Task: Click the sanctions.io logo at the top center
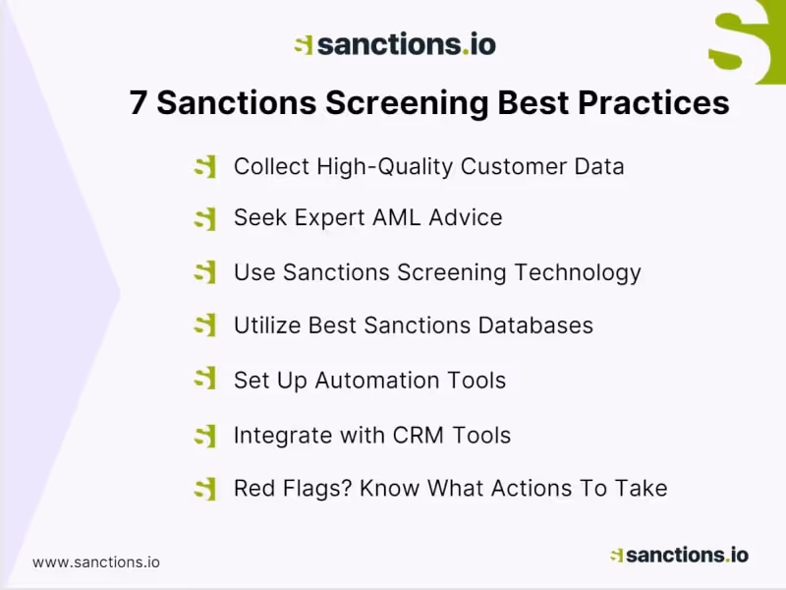pyautogui.click(x=395, y=44)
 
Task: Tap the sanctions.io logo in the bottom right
pyautogui.click(x=678, y=555)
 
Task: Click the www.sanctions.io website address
pyautogui.click(x=96, y=562)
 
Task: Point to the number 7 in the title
pyautogui.click(x=139, y=103)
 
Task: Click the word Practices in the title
pyautogui.click(x=652, y=103)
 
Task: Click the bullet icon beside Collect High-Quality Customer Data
pyautogui.click(x=204, y=167)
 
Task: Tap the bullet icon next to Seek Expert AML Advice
pyautogui.click(x=204, y=219)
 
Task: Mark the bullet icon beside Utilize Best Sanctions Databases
pyautogui.click(x=204, y=325)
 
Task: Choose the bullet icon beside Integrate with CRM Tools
pyautogui.click(x=204, y=435)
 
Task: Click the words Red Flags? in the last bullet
pyautogui.click(x=292, y=488)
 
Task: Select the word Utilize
pyautogui.click(x=267, y=325)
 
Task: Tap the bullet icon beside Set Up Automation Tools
pyautogui.click(x=204, y=380)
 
